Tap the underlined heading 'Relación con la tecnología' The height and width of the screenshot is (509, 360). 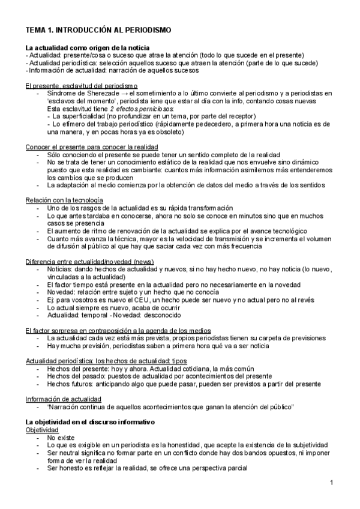tap(64, 200)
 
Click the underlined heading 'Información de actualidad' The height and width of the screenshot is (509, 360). tap(64, 399)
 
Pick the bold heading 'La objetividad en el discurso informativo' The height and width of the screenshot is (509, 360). tap(90, 423)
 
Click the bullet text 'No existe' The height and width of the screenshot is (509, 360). tap(60, 439)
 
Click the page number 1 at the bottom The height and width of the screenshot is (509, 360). tap(332, 483)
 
